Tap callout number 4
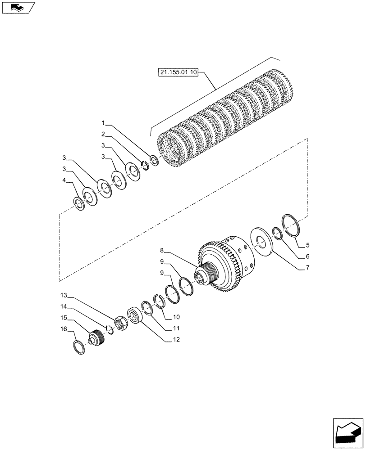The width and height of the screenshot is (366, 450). tap(64, 180)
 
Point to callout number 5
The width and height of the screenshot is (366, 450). tap(308, 245)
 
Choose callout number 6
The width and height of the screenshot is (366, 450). tap(307, 256)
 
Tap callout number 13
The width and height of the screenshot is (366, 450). tap(64, 295)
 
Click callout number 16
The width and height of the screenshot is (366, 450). tap(64, 329)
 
